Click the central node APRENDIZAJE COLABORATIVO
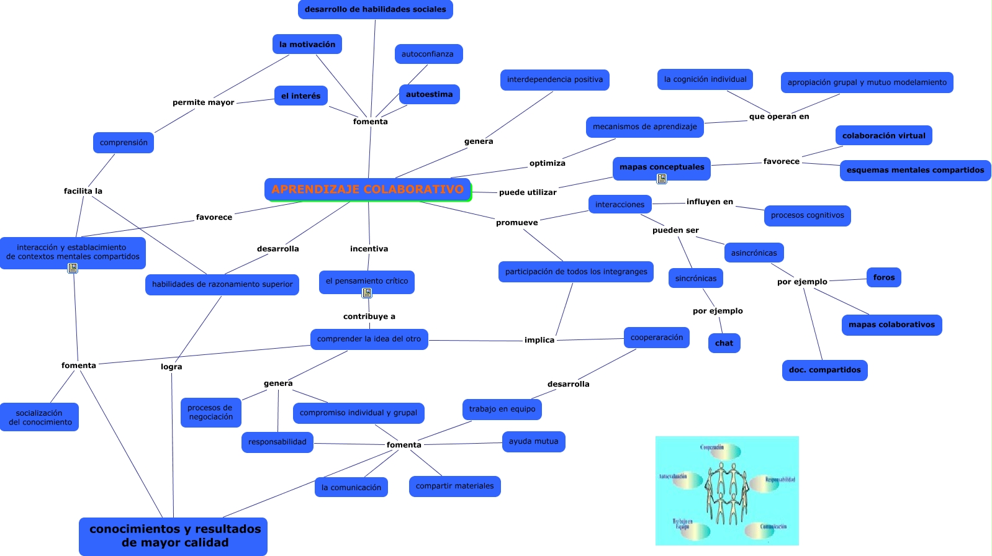pos(367,190)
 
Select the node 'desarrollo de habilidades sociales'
pos(375,9)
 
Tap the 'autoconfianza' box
pos(428,54)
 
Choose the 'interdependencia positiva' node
pos(554,79)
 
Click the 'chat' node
pos(724,343)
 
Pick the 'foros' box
pos(883,277)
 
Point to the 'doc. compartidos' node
pos(824,370)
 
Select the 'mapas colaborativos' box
pos(891,325)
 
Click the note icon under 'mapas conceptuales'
pos(662,179)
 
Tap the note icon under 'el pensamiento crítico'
pos(367,293)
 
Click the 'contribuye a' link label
pos(369,316)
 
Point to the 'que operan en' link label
pos(778,117)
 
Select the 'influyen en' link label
pos(710,202)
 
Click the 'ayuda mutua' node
pos(533,441)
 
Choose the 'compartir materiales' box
pos(454,486)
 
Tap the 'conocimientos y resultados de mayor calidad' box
pos(174,536)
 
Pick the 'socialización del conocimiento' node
pos(40,417)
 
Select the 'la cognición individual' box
pos(705,79)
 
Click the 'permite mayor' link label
pos(203,102)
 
